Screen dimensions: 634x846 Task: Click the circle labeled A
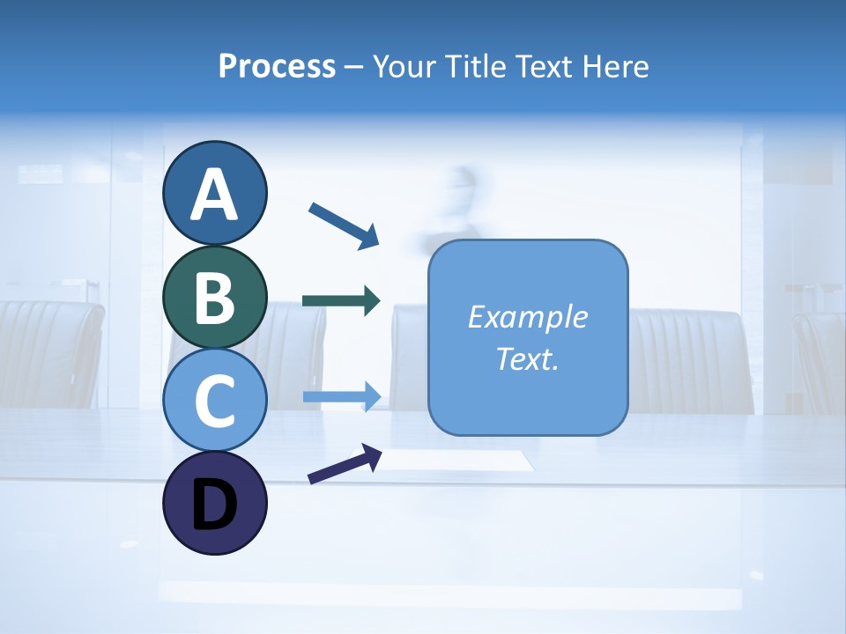pos(214,193)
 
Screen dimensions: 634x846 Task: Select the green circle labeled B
pos(214,297)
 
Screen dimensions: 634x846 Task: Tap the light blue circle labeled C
pos(214,400)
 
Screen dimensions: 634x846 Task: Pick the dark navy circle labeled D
pos(214,503)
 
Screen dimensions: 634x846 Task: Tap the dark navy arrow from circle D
pos(345,465)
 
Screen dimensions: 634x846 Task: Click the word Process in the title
pos(277,66)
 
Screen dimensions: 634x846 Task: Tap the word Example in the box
pos(527,317)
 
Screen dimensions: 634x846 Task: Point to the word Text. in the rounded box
pos(527,358)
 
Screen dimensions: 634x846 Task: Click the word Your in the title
pos(401,66)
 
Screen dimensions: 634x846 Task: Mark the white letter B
pos(214,298)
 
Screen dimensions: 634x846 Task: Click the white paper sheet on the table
pos(458,460)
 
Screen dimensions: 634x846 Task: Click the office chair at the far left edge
pos(48,352)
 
